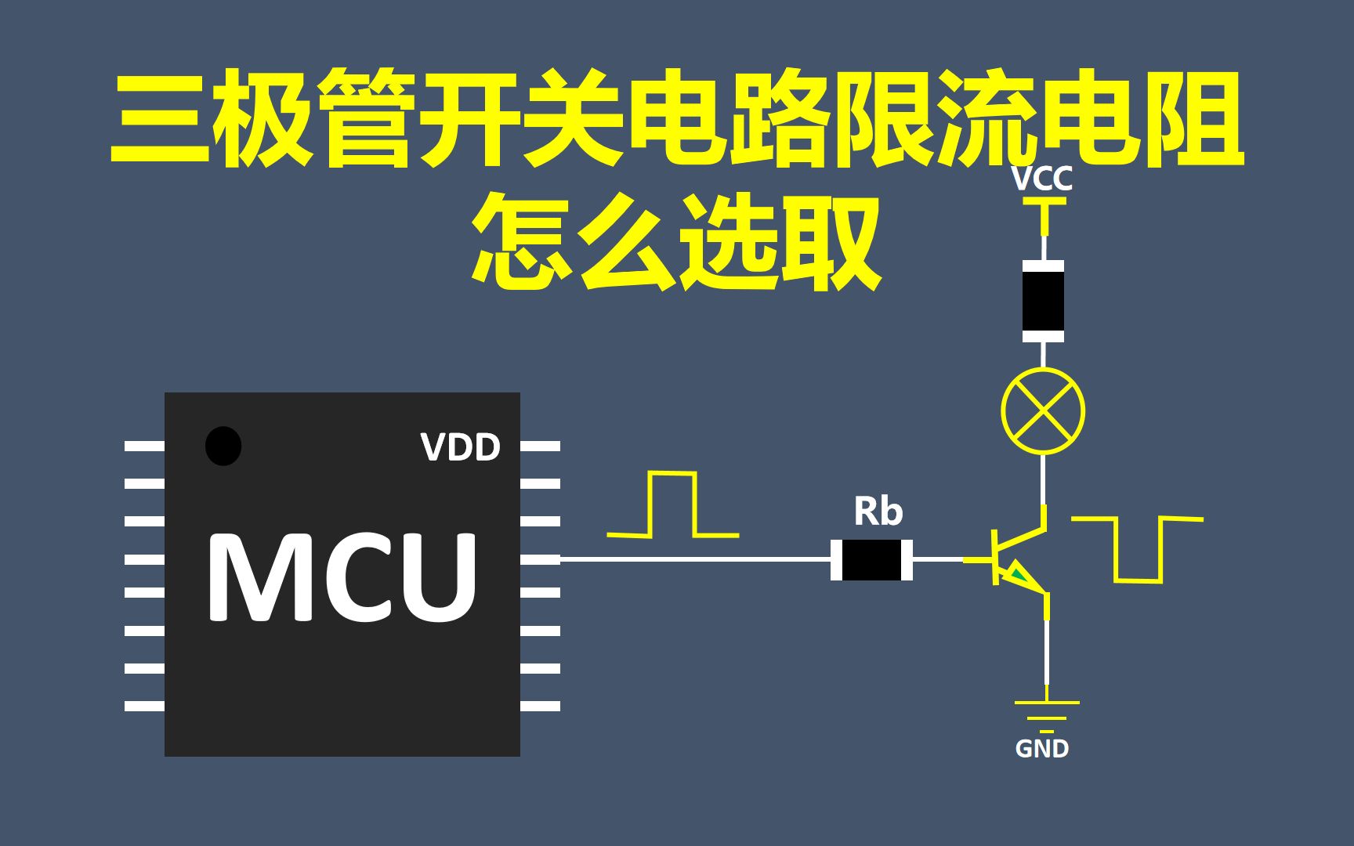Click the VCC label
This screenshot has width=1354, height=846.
click(x=1041, y=179)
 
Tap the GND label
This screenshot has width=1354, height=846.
click(x=1041, y=749)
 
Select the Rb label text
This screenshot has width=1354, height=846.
click(x=878, y=512)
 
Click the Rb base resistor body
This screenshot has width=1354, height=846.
click(x=871, y=559)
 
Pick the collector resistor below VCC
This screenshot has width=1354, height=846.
click(x=1043, y=302)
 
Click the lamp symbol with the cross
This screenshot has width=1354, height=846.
click(x=1043, y=410)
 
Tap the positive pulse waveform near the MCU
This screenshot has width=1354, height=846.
click(x=672, y=505)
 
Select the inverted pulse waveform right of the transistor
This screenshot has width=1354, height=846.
click(x=1138, y=549)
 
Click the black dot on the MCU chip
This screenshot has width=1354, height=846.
click(x=223, y=446)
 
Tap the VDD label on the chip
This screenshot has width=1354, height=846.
click(x=460, y=447)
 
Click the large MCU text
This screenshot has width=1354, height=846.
click(x=342, y=577)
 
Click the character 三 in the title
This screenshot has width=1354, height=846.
click(x=161, y=117)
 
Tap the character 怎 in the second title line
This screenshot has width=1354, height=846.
click(x=522, y=241)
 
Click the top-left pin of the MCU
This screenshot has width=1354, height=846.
click(x=145, y=446)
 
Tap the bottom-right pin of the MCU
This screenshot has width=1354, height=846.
click(x=540, y=706)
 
